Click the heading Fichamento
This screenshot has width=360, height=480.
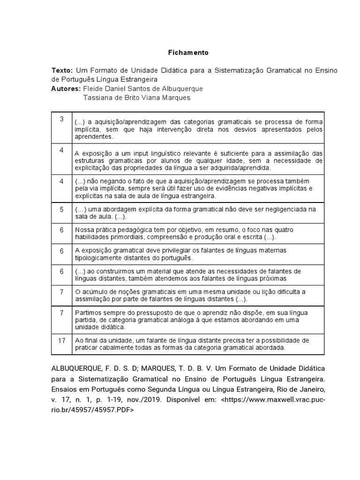tap(188, 52)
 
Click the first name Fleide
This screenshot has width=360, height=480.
tap(92, 89)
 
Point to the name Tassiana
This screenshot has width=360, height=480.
tap(97, 97)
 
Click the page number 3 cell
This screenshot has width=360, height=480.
tap(61, 120)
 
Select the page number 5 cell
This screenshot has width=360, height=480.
tap(61, 209)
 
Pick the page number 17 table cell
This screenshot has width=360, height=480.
tap(61, 340)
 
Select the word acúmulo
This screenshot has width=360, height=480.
tap(94, 292)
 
